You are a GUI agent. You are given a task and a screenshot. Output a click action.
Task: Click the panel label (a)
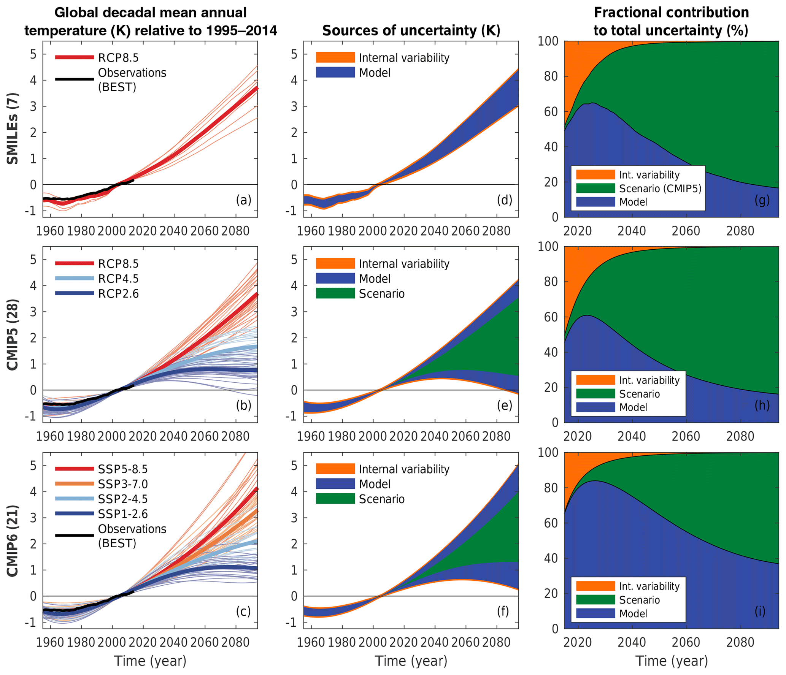tap(243, 200)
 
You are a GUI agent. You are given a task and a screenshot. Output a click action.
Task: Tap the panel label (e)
tap(504, 406)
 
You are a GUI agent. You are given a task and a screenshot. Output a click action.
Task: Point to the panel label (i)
tap(759, 611)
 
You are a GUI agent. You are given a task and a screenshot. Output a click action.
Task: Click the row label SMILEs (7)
tap(13, 128)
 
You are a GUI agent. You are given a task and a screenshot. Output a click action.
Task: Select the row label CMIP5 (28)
tap(13, 334)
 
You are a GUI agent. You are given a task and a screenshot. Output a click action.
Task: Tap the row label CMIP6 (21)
tap(13, 540)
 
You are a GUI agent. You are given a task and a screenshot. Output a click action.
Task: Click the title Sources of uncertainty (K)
tap(411, 30)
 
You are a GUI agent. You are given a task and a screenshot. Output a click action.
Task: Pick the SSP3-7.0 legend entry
tap(122, 484)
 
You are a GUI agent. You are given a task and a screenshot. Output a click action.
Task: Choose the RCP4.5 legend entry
tap(118, 279)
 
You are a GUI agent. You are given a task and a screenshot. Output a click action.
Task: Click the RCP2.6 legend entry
tap(118, 293)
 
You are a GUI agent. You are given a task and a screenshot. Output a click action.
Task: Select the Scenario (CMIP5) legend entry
tap(660, 189)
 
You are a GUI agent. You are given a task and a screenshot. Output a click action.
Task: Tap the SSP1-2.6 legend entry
tap(122, 514)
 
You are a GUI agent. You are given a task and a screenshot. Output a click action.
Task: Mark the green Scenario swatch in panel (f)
tap(335, 499)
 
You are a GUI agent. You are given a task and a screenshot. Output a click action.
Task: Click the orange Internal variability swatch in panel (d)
tap(335, 57)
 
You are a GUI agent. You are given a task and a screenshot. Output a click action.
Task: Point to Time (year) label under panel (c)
tap(150, 661)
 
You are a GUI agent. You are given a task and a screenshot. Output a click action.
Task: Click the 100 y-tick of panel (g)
tap(548, 41)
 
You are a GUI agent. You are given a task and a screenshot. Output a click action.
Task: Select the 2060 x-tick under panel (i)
tap(686, 642)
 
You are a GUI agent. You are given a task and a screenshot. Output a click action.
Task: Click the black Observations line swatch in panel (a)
tap(75, 79)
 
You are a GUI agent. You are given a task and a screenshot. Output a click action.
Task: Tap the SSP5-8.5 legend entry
tap(122, 469)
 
